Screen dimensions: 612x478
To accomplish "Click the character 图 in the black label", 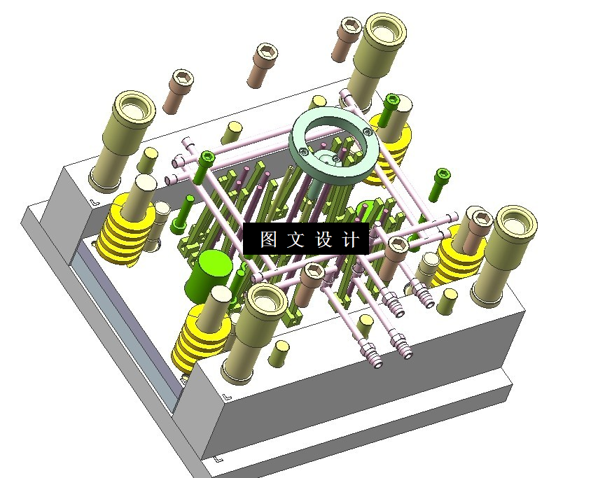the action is click(268, 239).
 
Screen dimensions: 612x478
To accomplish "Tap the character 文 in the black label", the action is click(295, 239).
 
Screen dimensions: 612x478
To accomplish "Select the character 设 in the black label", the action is click(324, 239).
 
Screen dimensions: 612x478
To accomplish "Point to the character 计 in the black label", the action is click(350, 239).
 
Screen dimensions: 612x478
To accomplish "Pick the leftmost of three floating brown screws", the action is click(178, 92).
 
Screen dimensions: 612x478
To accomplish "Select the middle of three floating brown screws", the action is click(263, 66).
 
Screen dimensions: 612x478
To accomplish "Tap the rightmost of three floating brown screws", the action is click(346, 39).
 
